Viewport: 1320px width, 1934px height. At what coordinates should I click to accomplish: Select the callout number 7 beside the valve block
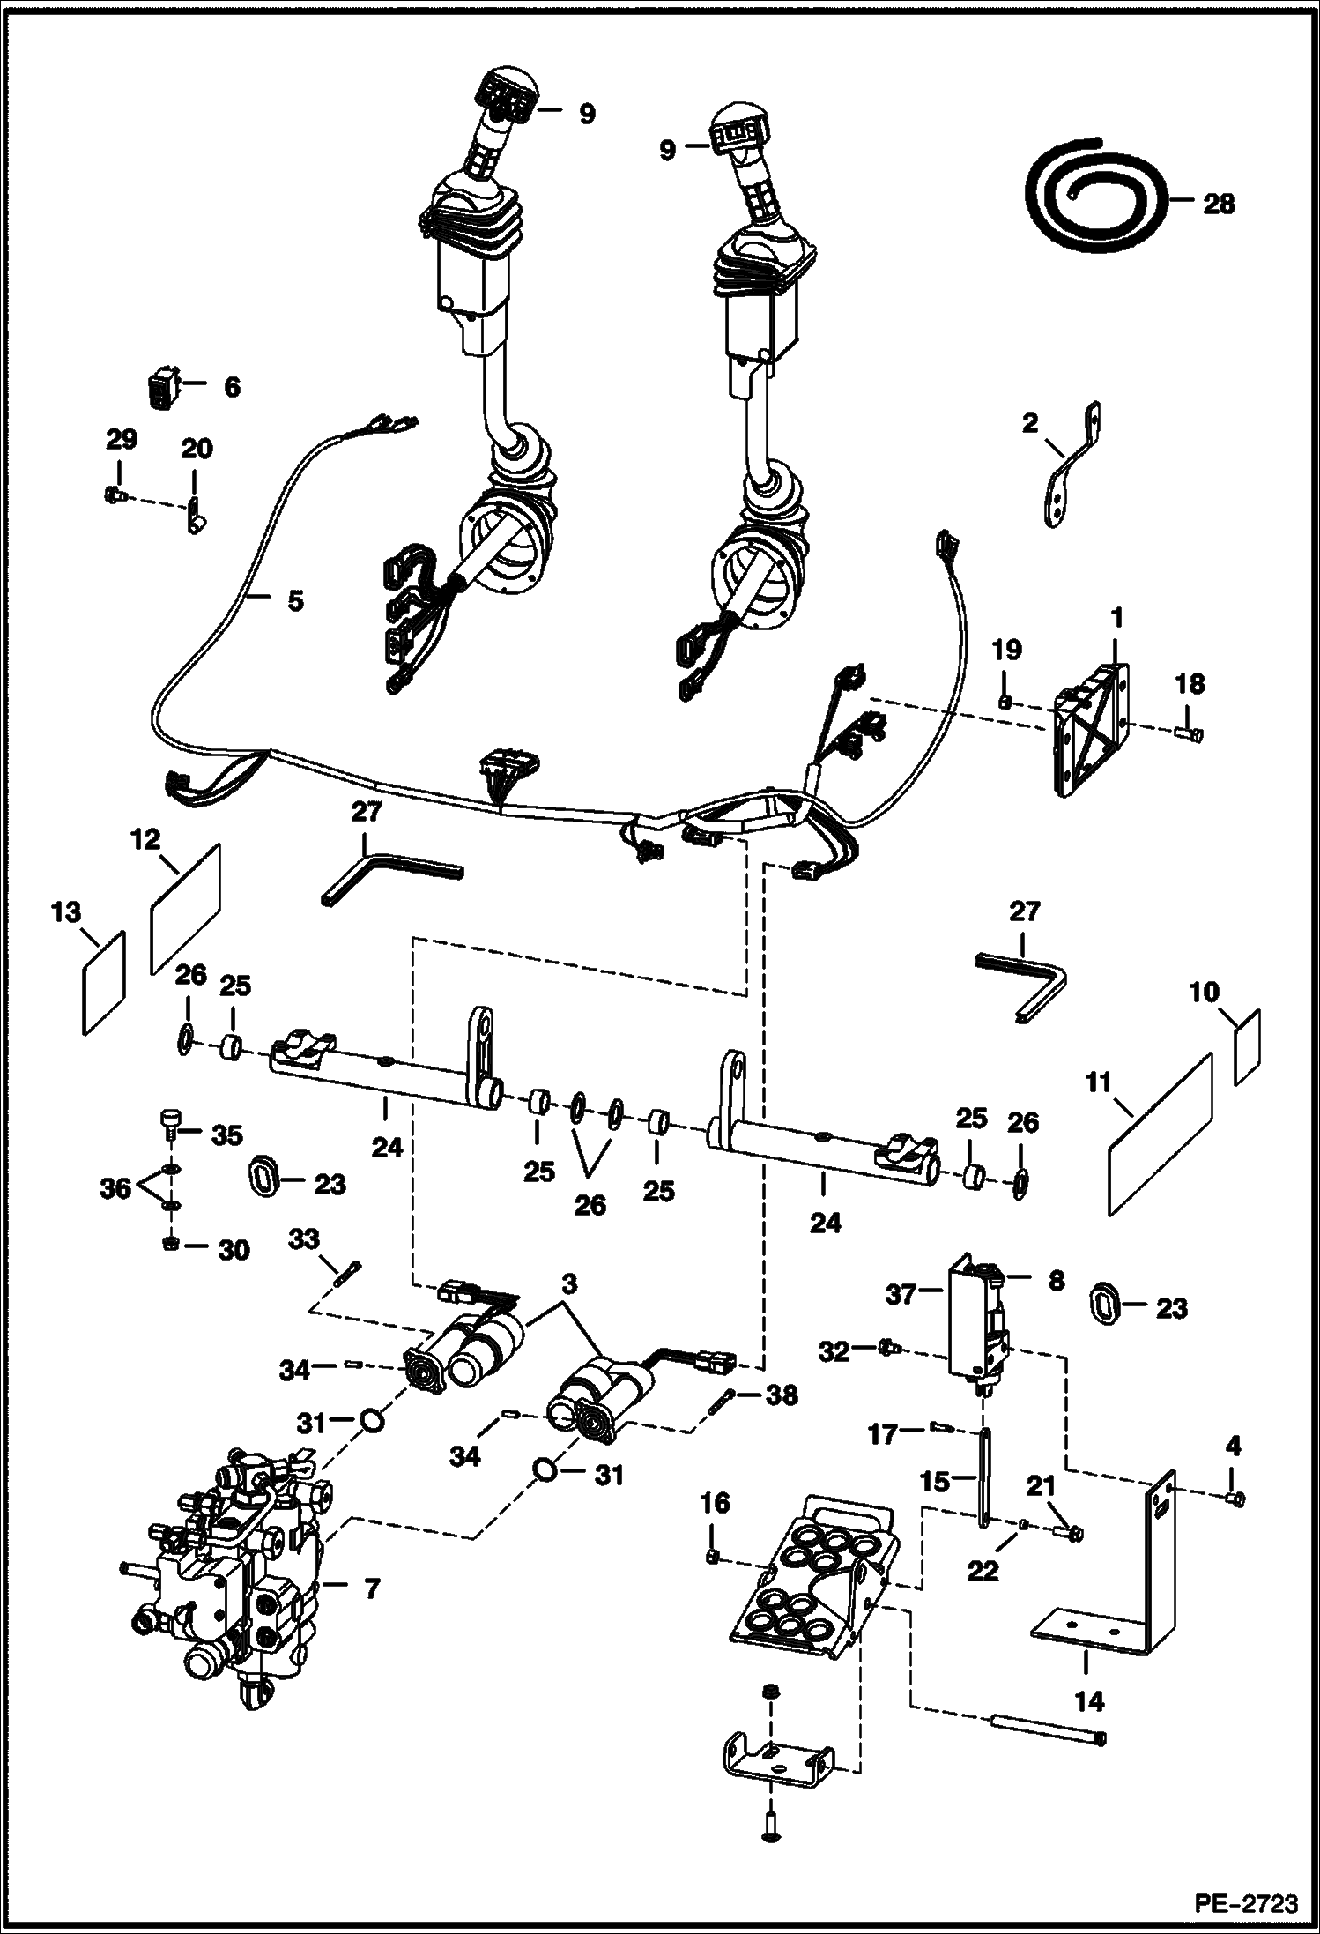(371, 1588)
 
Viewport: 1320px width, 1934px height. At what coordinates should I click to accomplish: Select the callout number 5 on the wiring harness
(294, 601)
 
